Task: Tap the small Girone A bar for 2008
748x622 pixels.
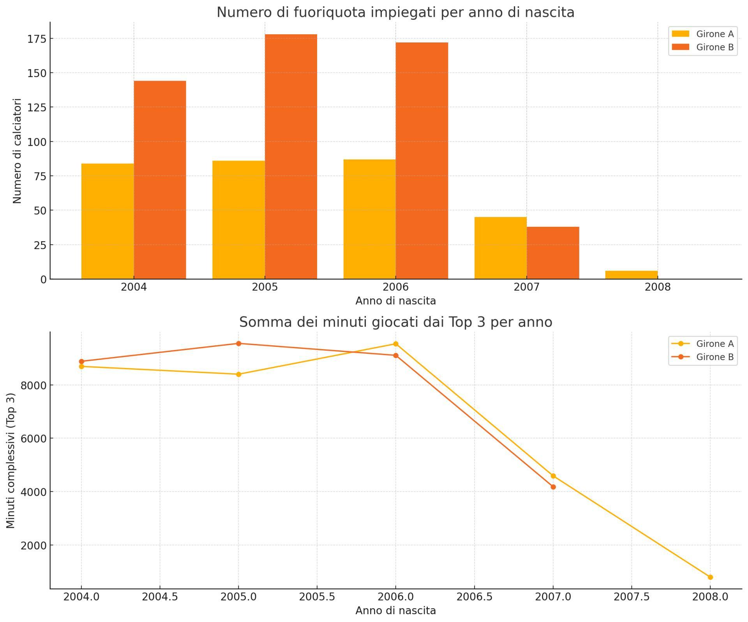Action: [631, 275]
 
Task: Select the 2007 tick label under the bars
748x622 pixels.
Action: [527, 287]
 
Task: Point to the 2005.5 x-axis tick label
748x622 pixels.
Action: [317, 597]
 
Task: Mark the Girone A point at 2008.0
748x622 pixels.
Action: [710, 577]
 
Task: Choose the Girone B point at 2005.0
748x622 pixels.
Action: [239, 343]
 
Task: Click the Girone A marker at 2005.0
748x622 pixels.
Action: [239, 374]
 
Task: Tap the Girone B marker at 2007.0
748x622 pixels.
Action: [553, 487]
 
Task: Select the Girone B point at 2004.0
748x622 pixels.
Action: [81, 361]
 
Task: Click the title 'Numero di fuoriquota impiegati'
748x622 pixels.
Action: [395, 12]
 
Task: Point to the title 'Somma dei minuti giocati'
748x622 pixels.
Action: [395, 322]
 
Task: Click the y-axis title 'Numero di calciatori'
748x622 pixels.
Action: [17, 151]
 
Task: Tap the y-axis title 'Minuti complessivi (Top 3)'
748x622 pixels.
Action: [11, 460]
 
